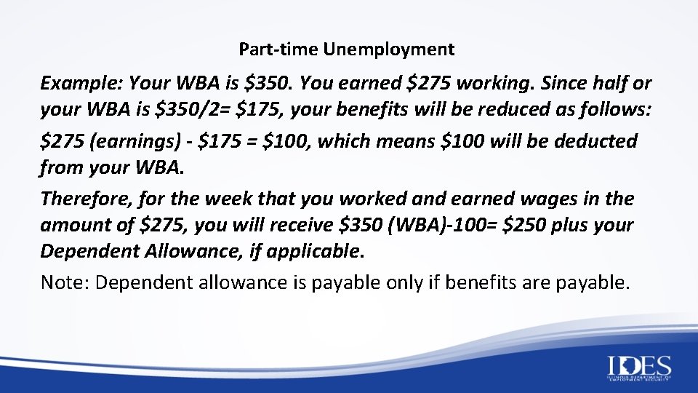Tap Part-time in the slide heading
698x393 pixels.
pos(279,50)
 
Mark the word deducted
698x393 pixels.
pos(595,140)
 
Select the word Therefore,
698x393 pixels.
pos(82,198)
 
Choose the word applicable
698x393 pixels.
pos(317,252)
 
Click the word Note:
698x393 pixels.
pos(65,282)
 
